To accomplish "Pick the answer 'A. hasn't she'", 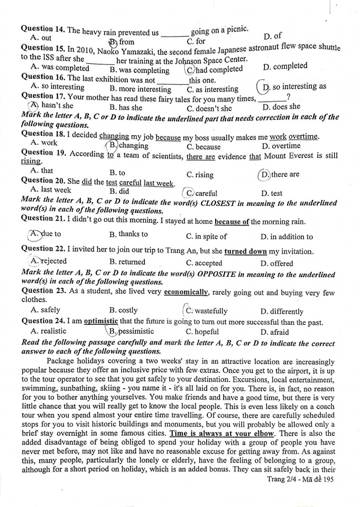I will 52,106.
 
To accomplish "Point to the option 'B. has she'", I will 126,108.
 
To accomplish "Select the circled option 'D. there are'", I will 279,174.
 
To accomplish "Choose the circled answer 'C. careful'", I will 201,193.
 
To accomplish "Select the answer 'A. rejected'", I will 49,261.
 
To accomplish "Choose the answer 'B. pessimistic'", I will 131,331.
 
